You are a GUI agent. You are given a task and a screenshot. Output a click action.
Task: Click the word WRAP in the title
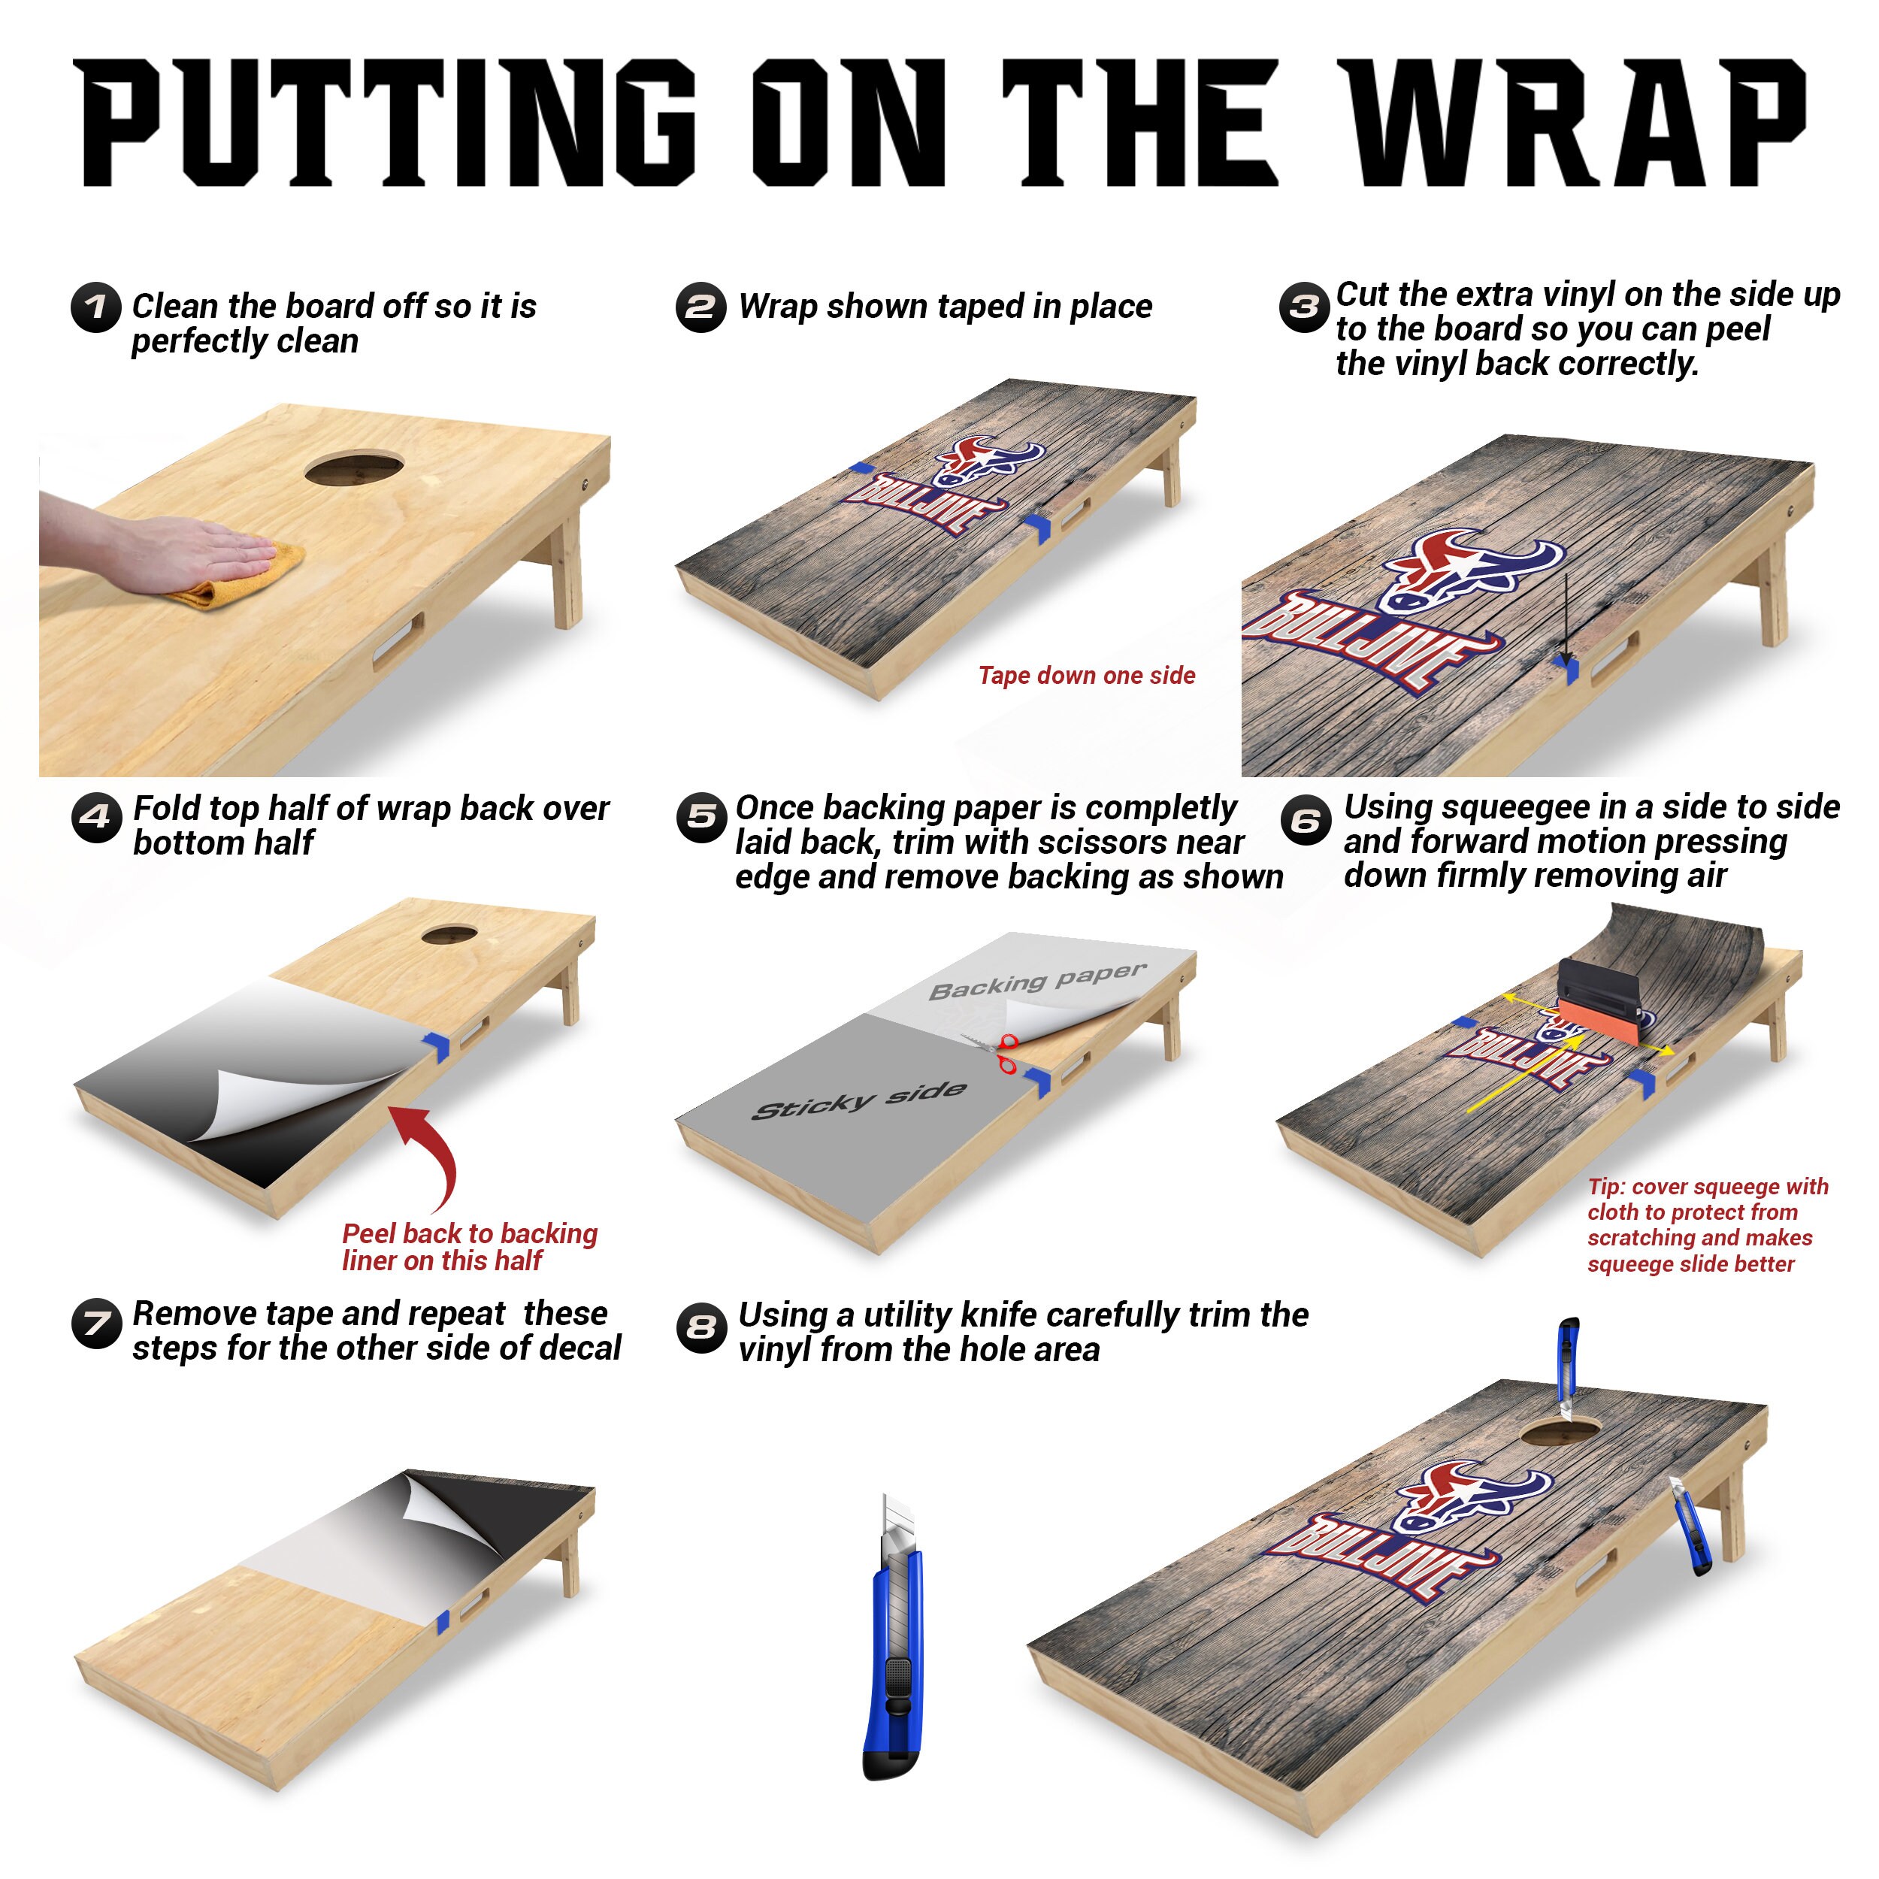tap(1572, 122)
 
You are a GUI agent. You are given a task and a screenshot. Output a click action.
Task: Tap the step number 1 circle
tap(96, 307)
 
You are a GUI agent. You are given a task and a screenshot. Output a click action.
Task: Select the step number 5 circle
tap(700, 818)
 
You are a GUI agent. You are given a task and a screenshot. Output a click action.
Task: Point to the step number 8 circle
tap(701, 1327)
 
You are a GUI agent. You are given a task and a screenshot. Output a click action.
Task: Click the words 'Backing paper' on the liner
tap(1038, 982)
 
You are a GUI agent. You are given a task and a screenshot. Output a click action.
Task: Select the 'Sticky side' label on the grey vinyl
tap(860, 1100)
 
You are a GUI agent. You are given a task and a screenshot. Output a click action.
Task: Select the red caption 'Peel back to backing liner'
tap(470, 1247)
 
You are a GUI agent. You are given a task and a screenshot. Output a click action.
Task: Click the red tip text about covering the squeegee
tap(1708, 1225)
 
